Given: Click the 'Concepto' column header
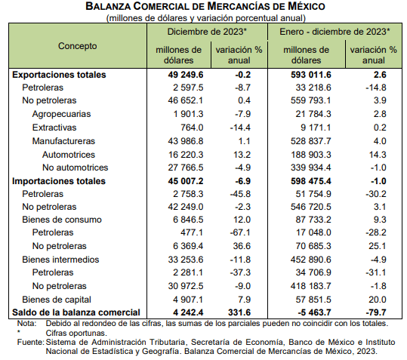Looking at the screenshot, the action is [77, 46].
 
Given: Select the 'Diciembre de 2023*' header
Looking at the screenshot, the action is [207, 32].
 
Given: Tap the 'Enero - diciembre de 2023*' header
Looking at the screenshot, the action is [335, 32].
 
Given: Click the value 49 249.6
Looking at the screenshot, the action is [185, 75].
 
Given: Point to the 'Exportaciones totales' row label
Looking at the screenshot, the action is [59, 75].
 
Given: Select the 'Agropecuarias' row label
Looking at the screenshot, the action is [61, 114].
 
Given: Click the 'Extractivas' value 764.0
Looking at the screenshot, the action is [192, 128].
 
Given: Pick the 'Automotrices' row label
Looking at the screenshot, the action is [69, 155].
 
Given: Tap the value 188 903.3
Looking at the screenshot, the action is [310, 155].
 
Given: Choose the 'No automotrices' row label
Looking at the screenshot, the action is [75, 168].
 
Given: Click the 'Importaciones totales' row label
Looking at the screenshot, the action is [59, 181].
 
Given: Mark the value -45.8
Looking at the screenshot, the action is [240, 194].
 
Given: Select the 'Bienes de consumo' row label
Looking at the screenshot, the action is [62, 220].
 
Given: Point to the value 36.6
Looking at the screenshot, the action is [242, 246].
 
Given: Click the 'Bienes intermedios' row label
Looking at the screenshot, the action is [60, 260].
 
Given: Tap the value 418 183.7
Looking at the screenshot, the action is [310, 286].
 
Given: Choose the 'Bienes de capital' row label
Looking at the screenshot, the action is [57, 300].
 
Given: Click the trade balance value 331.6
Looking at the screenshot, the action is [239, 312].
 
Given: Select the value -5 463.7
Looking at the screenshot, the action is [314, 312].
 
